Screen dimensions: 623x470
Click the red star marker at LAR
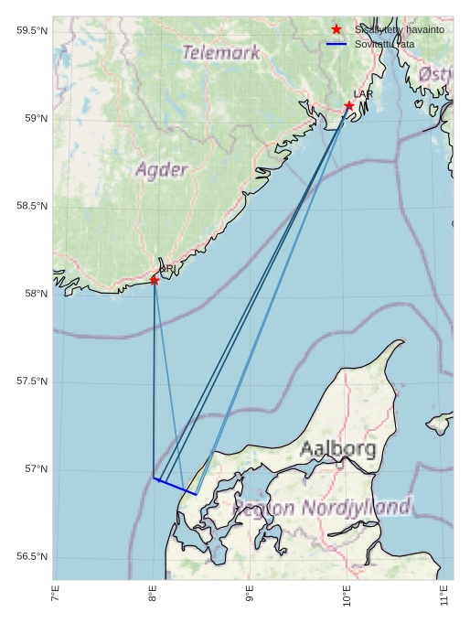[349, 106]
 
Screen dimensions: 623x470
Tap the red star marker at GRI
[155, 280]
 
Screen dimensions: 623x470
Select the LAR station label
[363, 94]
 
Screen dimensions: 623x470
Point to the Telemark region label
[221, 53]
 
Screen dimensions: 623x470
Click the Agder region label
[162, 169]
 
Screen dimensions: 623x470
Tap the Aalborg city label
[337, 449]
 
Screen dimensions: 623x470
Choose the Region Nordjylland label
[323, 508]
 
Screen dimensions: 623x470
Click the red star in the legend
[336, 29]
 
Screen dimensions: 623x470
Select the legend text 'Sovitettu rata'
[384, 44]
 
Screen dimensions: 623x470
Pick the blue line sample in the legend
[336, 44]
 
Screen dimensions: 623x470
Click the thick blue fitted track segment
[176, 487]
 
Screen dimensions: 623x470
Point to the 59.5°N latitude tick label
[32, 31]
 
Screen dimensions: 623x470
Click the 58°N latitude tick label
[35, 294]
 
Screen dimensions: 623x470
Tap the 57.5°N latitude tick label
[32, 381]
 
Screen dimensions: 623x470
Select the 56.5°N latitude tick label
[32, 557]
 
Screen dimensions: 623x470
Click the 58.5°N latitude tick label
[32, 207]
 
